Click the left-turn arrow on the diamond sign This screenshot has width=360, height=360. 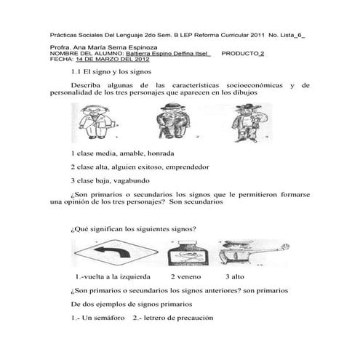111,252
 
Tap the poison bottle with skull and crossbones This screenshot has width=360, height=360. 188,253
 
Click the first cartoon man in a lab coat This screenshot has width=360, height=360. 97,122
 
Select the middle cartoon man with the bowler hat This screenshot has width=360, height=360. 172,121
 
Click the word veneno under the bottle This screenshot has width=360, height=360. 189,277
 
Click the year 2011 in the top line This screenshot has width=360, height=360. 257,35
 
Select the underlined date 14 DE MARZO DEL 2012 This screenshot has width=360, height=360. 113,60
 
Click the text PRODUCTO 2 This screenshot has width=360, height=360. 243,54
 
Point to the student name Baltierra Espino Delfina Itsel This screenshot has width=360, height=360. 167,54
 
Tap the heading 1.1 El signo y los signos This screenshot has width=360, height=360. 111,72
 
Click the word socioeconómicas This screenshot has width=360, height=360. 255,86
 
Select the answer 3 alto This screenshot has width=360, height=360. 235,277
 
